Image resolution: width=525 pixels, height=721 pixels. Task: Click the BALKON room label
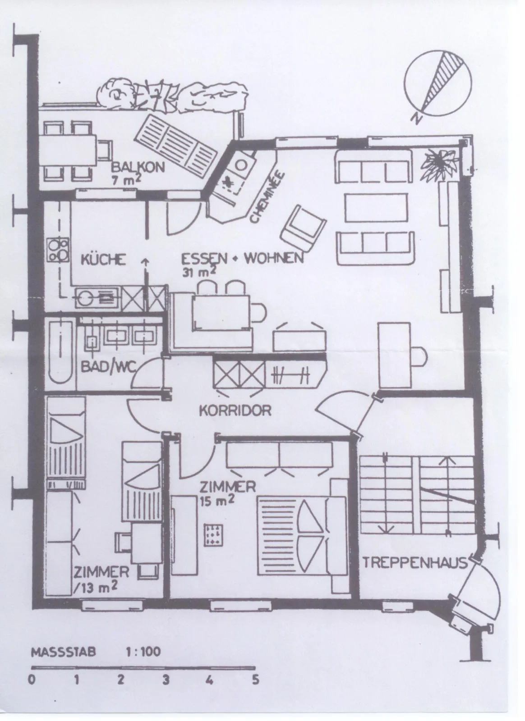pyautogui.click(x=138, y=167)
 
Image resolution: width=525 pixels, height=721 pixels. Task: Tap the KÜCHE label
pyautogui.click(x=103, y=260)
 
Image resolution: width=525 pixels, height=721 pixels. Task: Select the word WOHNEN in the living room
pyautogui.click(x=274, y=258)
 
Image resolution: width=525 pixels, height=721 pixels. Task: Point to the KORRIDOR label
pyautogui.click(x=235, y=411)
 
